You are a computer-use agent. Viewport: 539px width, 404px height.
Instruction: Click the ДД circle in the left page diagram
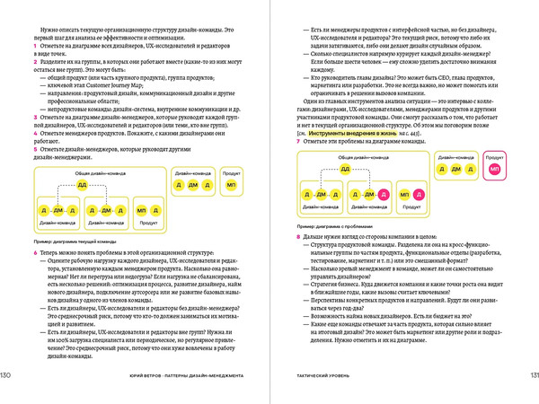(x=83, y=184)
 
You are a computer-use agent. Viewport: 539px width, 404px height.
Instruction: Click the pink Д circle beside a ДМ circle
(x=383, y=193)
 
